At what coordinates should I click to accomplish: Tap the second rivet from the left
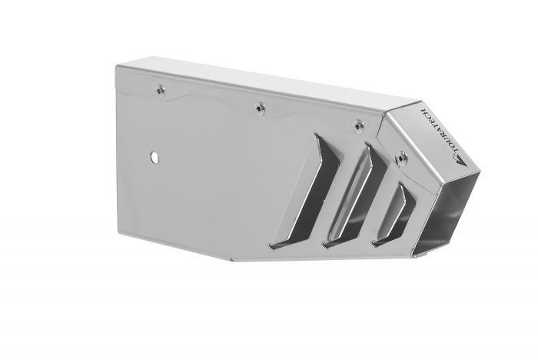(259, 107)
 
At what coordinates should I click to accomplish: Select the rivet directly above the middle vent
(356, 124)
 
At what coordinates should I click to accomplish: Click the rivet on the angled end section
(400, 159)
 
